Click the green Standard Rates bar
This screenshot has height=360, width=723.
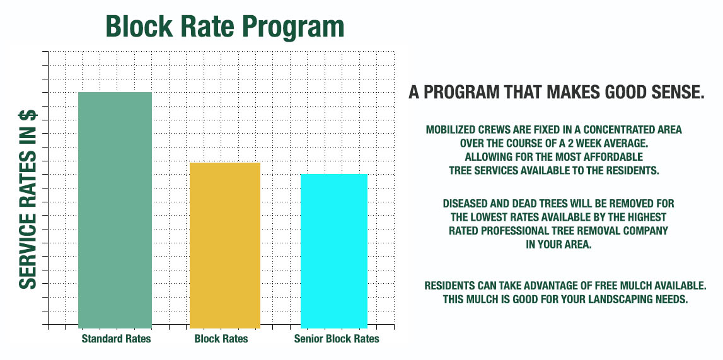tap(115, 210)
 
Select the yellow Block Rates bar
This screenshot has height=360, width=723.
tap(225, 245)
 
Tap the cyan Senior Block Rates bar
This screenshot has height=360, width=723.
tap(334, 251)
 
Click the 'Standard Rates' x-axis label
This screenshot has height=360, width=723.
tap(116, 339)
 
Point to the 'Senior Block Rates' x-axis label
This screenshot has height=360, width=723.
tap(337, 339)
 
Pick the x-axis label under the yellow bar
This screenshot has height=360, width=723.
tap(221, 339)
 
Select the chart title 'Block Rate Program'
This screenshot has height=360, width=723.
tap(224, 27)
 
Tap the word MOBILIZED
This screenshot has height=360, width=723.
tap(449, 130)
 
